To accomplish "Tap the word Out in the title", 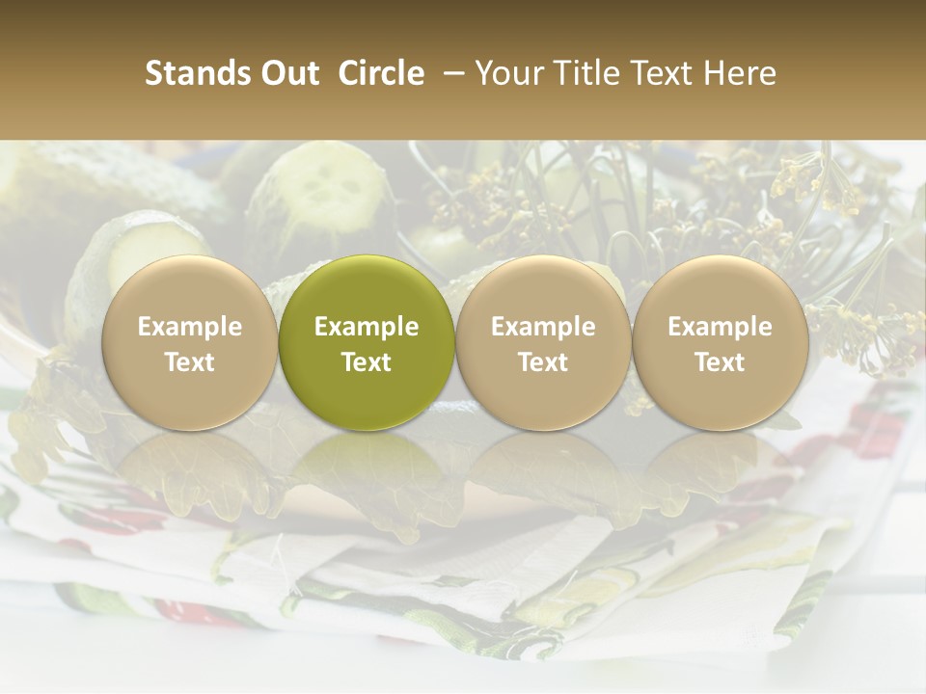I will coord(286,73).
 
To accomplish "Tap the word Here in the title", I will coord(740,73).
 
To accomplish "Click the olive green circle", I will coord(367,341).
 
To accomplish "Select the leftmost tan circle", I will coord(189,341).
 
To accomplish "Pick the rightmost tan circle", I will coord(720,341).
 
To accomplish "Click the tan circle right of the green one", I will coord(543,341).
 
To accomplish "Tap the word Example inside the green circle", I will coord(367,327).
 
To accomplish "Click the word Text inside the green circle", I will coord(367,362).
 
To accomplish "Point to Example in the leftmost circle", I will coord(189,327).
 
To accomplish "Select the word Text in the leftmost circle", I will coord(189,362).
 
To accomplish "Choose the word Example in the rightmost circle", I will coord(720,327).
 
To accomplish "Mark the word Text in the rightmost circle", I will coord(720,362).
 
